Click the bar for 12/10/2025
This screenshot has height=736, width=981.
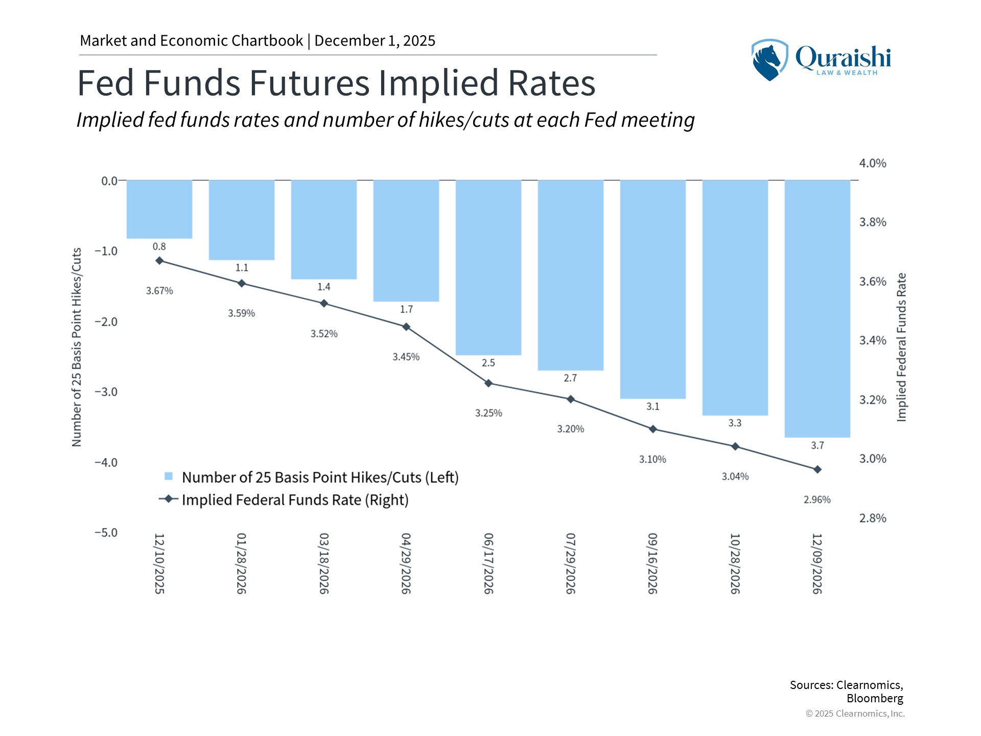[x=159, y=209]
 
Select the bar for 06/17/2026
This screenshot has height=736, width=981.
[x=488, y=267]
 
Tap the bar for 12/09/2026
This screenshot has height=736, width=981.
[x=818, y=309]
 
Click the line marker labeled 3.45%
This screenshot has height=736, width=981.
[x=406, y=327]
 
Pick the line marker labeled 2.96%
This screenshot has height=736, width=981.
[x=818, y=469]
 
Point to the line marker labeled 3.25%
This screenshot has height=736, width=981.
[x=488, y=383]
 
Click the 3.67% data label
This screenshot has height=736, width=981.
[x=159, y=291]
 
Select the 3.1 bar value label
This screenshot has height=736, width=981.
[x=652, y=406]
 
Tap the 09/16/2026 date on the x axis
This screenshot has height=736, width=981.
[x=652, y=563]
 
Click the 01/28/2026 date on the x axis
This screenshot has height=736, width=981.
[x=242, y=563]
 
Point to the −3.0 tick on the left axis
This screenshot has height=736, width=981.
[x=106, y=392]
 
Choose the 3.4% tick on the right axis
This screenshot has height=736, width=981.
[x=873, y=340]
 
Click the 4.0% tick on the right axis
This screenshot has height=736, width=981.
[x=873, y=164]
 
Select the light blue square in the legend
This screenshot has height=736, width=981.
[x=169, y=476]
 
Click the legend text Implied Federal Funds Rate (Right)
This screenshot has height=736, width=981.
[x=295, y=500]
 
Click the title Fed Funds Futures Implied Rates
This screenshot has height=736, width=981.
[x=336, y=83]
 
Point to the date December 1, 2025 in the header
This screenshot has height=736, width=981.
[x=375, y=41]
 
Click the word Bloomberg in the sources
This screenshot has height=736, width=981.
[x=875, y=698]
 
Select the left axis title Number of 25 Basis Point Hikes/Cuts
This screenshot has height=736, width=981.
[x=77, y=348]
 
